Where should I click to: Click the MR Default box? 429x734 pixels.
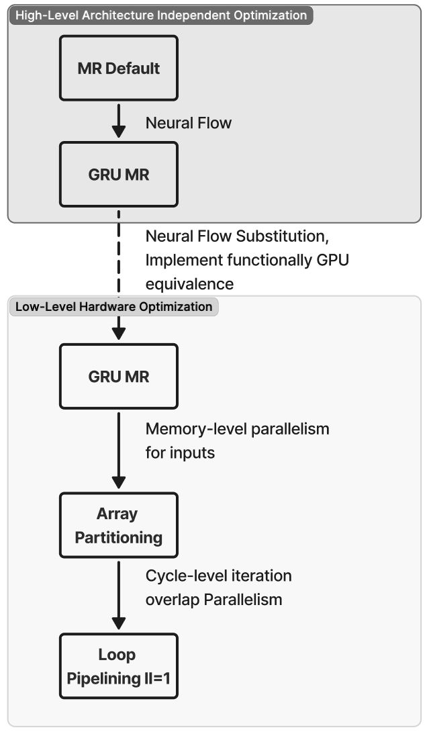click(x=119, y=68)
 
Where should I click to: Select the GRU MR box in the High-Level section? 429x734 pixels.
click(x=119, y=174)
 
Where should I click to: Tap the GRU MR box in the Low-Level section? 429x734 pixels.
click(x=119, y=376)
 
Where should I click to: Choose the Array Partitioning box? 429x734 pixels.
click(x=119, y=525)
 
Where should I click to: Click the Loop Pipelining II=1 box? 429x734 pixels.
click(x=119, y=666)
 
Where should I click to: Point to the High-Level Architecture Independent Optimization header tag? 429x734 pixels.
click(x=160, y=15)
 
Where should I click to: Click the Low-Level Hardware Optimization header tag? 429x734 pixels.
click(x=113, y=307)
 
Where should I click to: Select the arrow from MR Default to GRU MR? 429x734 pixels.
click(x=119, y=121)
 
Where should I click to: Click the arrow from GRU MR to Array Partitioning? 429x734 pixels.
click(x=119, y=450)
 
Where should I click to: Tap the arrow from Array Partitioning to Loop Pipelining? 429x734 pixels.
click(x=119, y=595)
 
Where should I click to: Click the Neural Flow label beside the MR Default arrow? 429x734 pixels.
click(x=188, y=123)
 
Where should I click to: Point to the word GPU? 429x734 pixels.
click(x=332, y=261)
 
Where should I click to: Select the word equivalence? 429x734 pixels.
click(x=189, y=284)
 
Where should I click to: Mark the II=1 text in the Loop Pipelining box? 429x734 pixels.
click(x=156, y=678)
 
